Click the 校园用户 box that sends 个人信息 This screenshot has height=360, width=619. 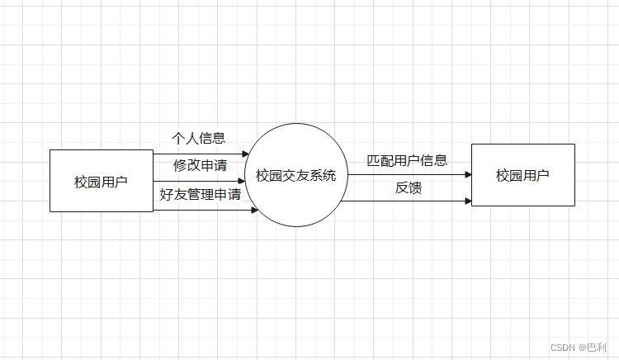pos(101,181)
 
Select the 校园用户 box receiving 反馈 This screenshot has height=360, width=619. pos(522,175)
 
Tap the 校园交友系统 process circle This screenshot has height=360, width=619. pos(295,175)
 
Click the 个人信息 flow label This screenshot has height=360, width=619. pos(198,138)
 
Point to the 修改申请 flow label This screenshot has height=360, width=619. pos(200,165)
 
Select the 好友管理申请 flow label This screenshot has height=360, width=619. pos(201,195)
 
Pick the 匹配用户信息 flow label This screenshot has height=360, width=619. pos(407,160)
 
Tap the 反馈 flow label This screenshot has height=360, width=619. pos(409,188)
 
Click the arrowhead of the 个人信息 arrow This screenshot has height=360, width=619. pos(245,154)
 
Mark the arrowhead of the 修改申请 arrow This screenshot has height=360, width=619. pos(242,181)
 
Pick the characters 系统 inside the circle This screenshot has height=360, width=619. pos(323,175)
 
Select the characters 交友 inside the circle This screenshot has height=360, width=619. pos(295,175)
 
